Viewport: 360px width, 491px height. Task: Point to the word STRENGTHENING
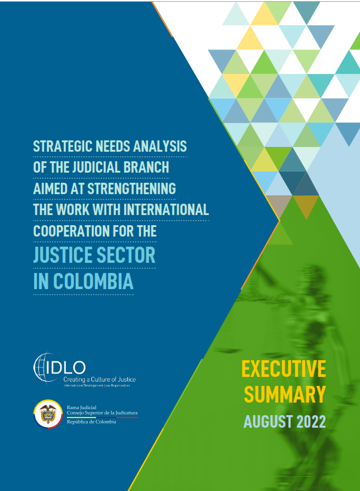(131, 189)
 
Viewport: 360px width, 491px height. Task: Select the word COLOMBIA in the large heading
(93, 281)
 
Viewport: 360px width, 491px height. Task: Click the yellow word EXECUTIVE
(284, 369)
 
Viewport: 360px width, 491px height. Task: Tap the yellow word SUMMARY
(285, 394)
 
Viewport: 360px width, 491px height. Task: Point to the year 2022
(311, 422)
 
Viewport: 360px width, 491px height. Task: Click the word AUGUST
(268, 422)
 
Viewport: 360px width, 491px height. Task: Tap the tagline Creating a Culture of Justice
(100, 379)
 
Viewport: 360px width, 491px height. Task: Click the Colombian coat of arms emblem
(48, 414)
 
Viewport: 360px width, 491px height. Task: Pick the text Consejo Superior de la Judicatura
(102, 413)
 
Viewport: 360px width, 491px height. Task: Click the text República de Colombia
(91, 422)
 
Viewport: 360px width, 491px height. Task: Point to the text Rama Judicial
(81, 407)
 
